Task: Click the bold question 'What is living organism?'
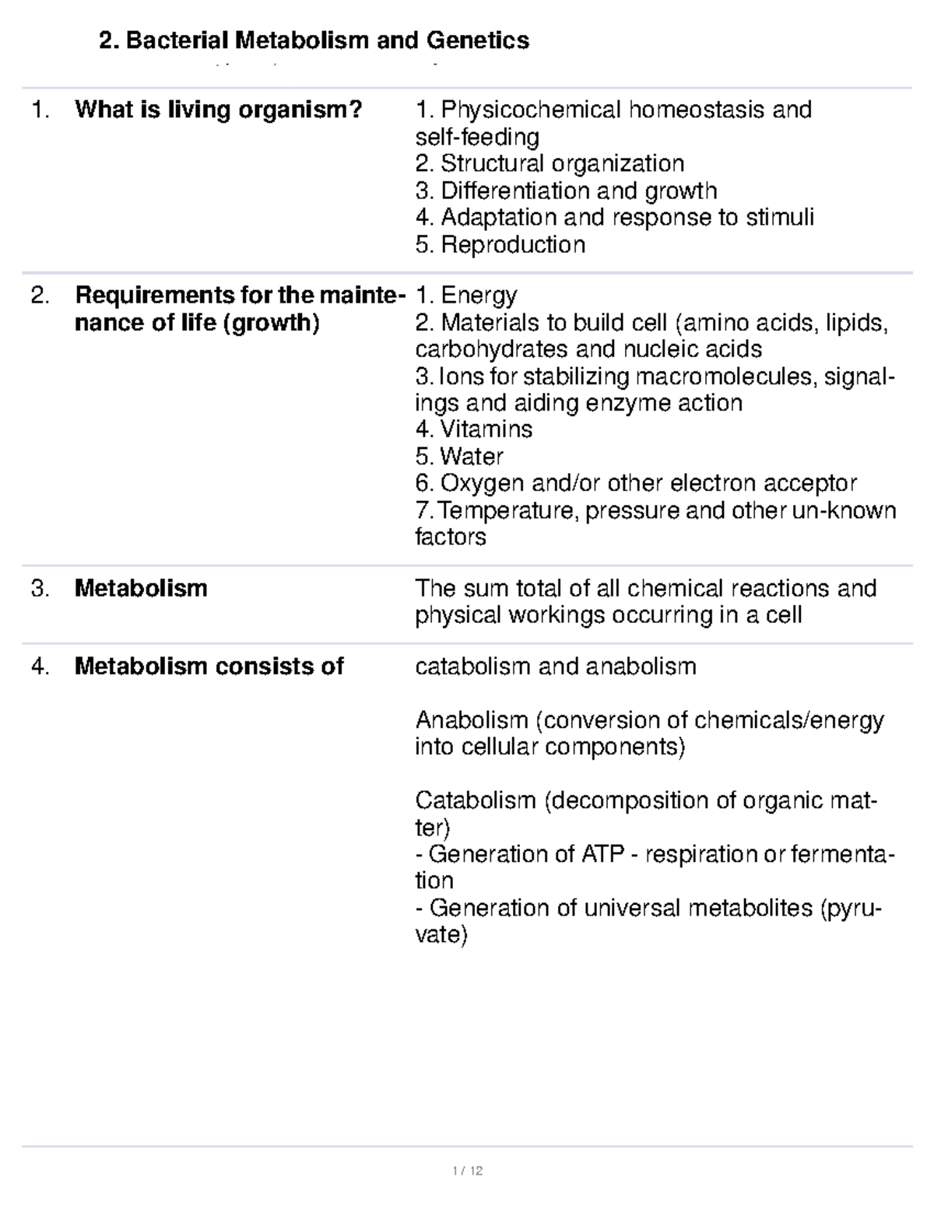[219, 110]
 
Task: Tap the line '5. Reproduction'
[500, 245]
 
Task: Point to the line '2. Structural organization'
[550, 163]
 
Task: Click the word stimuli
[780, 217]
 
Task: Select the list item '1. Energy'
[466, 296]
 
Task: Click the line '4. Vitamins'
[473, 429]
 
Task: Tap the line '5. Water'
[459, 457]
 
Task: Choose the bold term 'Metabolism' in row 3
[141, 588]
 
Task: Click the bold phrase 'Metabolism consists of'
[209, 667]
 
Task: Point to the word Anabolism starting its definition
[472, 720]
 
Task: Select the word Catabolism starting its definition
[476, 800]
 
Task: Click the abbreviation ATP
[602, 854]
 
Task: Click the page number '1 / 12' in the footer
[467, 1171]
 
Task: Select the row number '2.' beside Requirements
[40, 296]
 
